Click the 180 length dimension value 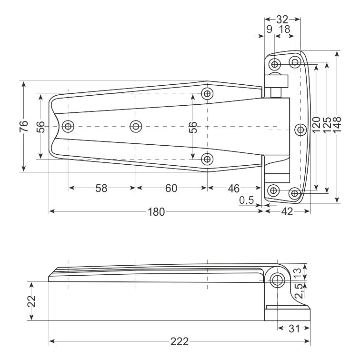156,212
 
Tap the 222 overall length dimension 180,341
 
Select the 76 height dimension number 24,126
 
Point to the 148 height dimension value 337,124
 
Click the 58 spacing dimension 101,188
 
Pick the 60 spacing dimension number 171,188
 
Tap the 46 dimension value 234,189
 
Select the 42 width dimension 287,211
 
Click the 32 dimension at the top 282,20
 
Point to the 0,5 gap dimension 246,200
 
